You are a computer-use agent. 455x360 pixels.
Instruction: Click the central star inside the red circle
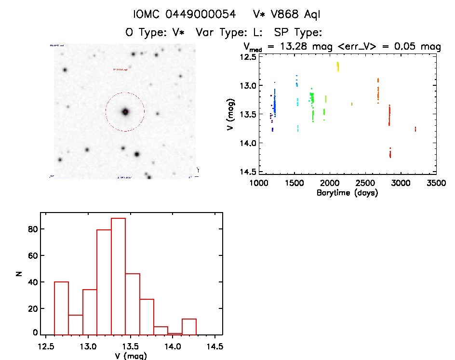(125, 112)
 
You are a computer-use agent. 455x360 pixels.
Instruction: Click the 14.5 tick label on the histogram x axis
(214, 347)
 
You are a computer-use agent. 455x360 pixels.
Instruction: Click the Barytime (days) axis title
(347, 193)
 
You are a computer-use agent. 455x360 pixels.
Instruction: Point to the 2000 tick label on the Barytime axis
(330, 183)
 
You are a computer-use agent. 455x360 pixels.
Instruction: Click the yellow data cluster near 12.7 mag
(338, 67)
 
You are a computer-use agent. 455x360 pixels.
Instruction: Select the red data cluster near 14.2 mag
(390, 153)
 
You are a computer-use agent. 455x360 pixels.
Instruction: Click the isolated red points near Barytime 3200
(415, 129)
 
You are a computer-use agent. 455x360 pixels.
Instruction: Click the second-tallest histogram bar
(104, 282)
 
